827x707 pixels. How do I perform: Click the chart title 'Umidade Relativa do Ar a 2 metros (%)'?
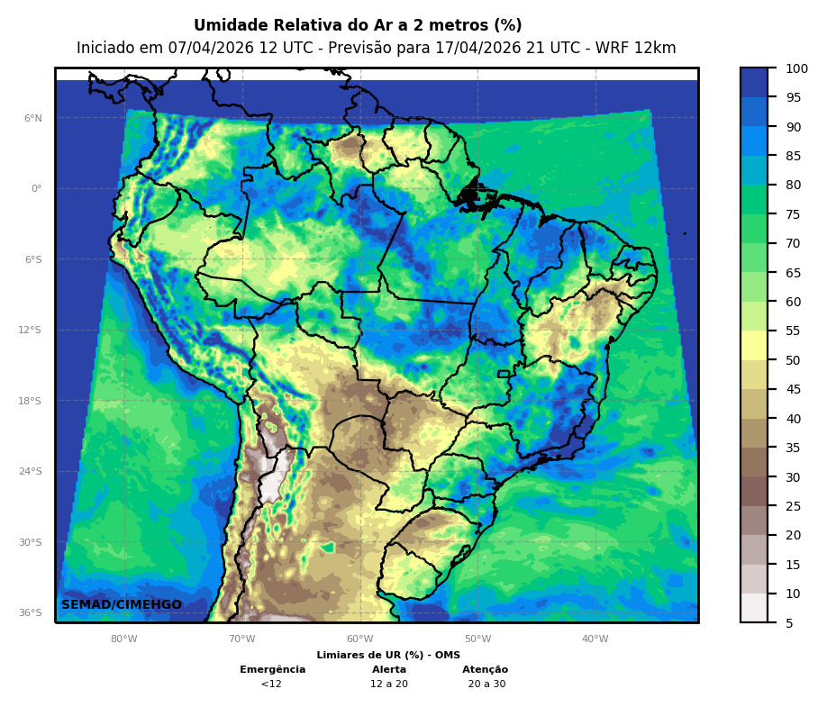point(358,25)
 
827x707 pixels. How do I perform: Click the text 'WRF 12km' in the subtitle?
point(641,48)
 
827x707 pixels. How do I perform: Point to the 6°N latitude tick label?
point(33,118)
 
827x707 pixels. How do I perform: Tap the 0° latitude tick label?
point(36,188)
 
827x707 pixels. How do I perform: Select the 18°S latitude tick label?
point(31,401)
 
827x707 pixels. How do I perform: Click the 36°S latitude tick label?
point(31,612)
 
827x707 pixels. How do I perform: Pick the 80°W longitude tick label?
point(124,639)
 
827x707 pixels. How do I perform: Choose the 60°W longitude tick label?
point(359,639)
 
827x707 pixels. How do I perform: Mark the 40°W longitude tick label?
point(595,639)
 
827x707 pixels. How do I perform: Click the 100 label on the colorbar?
point(796,68)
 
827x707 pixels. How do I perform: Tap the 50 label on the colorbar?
point(793,360)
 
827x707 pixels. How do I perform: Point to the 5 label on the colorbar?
point(789,622)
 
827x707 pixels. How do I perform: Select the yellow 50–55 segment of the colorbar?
point(754,345)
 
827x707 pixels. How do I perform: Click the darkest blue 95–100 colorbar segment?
point(754,82)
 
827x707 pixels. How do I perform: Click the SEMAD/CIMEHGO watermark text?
point(122,604)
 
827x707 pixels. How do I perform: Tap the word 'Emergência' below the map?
point(272,669)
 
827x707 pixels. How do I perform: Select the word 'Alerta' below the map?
point(389,669)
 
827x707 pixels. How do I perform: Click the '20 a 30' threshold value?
point(486,684)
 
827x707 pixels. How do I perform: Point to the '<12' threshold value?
point(271,684)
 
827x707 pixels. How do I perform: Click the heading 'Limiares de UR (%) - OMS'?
point(388,655)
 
